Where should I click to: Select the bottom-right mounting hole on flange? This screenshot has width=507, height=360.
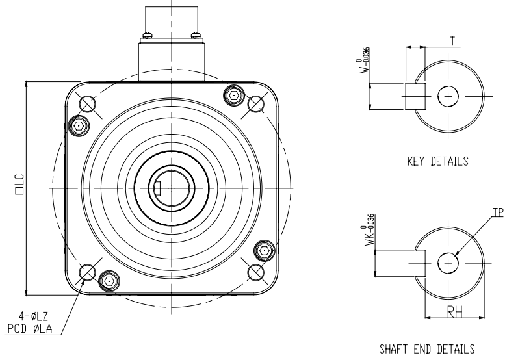[x=257, y=271]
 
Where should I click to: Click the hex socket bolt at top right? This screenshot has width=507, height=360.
[x=232, y=96]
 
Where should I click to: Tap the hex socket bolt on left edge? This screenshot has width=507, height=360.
[x=78, y=125]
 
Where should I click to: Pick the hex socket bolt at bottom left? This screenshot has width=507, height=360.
[x=109, y=281]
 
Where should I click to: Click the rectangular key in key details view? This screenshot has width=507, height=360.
[x=415, y=96]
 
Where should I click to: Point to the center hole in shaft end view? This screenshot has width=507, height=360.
[x=448, y=263]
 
